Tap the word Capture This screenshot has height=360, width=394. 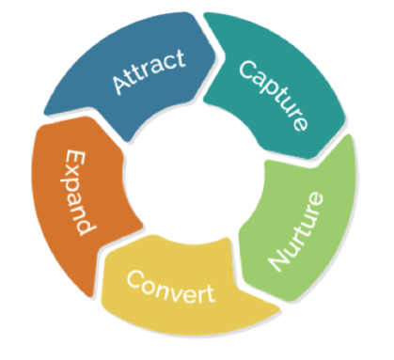pos(273,93)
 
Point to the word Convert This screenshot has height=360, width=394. pos(170,286)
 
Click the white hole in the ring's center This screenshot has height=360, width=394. pos(193,184)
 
